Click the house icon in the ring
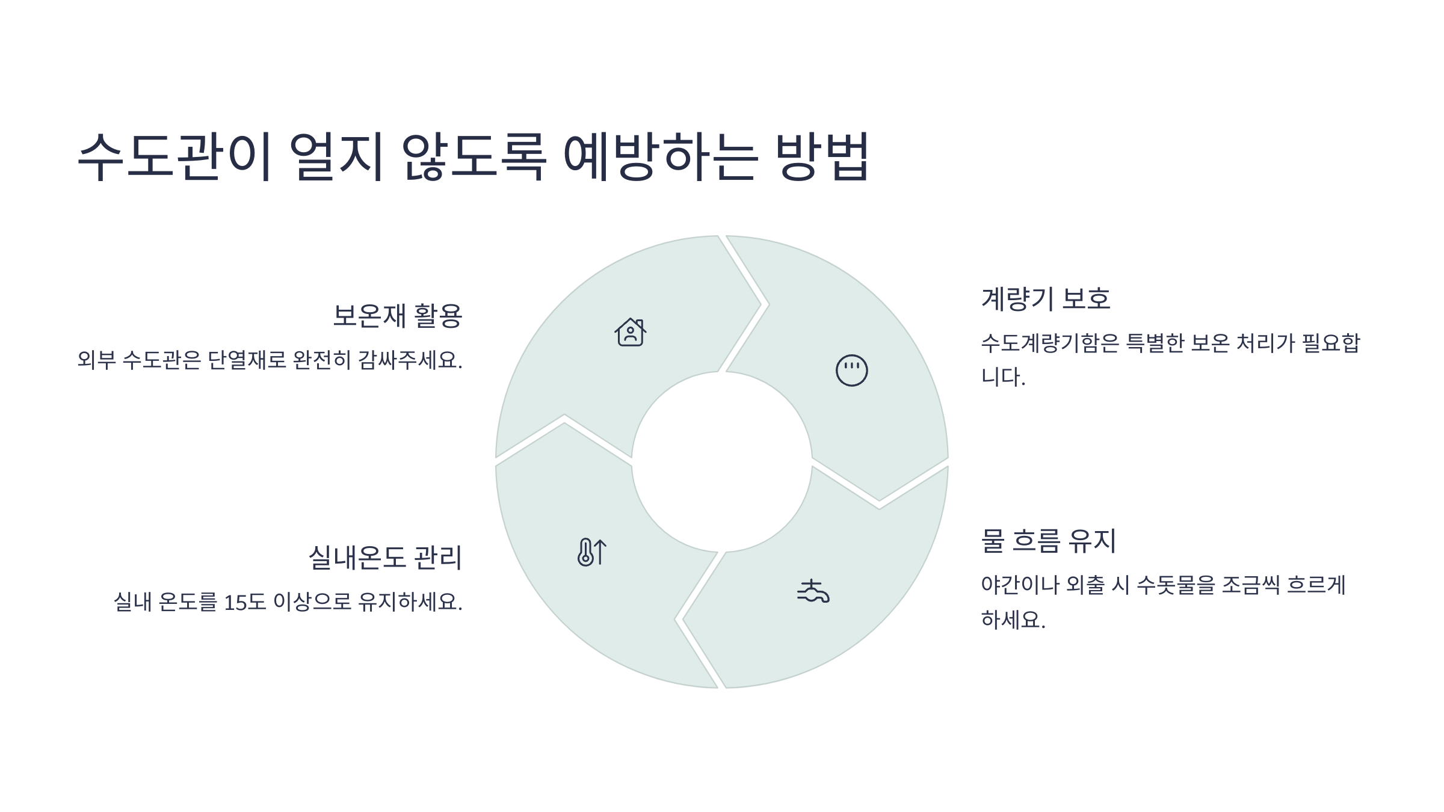coord(630,332)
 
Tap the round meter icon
coord(851,371)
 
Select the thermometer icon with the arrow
coord(591,552)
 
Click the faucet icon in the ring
coord(813,592)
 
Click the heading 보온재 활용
coord(397,316)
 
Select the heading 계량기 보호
coord(1045,298)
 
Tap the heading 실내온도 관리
coord(385,557)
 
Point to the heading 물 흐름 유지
coord(1048,540)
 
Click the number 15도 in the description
coord(244,601)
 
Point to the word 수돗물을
coord(1176,585)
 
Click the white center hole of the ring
coord(721,462)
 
